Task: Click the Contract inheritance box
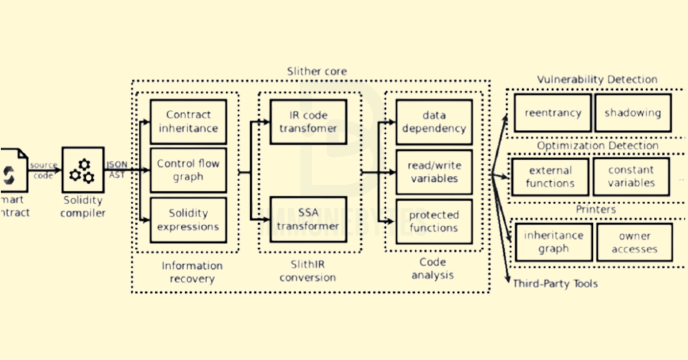[188, 122]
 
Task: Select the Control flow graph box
[188, 170]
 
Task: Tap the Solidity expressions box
[188, 220]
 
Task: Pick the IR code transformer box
[308, 122]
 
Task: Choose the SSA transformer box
[308, 219]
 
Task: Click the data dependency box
[434, 122]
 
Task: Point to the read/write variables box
[434, 172]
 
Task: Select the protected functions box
[434, 221]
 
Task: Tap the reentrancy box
[553, 112]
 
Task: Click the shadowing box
[633, 112]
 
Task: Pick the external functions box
[550, 176]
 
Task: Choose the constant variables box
[631, 176]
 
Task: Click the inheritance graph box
[553, 242]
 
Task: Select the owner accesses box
[634, 242]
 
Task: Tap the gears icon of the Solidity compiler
[83, 170]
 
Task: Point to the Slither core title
[316, 71]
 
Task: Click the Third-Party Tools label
[555, 284]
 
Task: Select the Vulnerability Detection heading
[597, 79]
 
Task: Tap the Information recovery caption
[192, 272]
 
